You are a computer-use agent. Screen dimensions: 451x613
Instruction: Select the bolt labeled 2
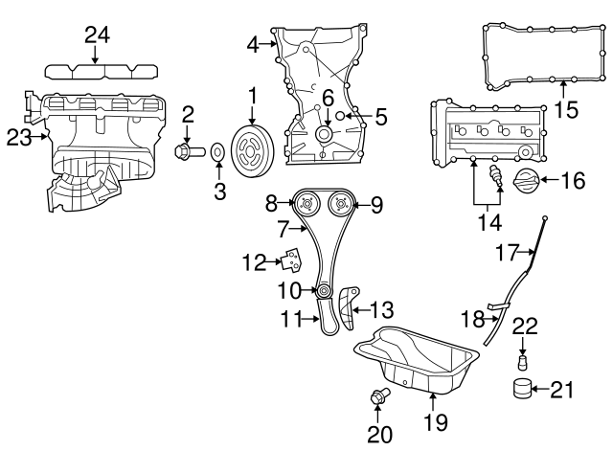click(185, 150)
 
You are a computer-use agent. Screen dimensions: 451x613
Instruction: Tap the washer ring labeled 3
click(218, 150)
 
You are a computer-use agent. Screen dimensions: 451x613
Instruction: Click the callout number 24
click(96, 35)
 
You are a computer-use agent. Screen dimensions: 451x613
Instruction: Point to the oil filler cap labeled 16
click(525, 179)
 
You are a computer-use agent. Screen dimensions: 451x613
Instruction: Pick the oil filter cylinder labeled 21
click(522, 389)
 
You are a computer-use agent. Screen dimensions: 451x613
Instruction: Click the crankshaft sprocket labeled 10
click(325, 290)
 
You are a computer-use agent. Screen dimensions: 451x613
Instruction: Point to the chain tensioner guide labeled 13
click(344, 306)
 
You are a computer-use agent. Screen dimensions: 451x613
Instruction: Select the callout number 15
click(567, 110)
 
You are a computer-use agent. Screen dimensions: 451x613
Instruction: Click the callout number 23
click(19, 138)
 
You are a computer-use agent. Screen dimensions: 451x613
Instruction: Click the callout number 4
click(253, 43)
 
